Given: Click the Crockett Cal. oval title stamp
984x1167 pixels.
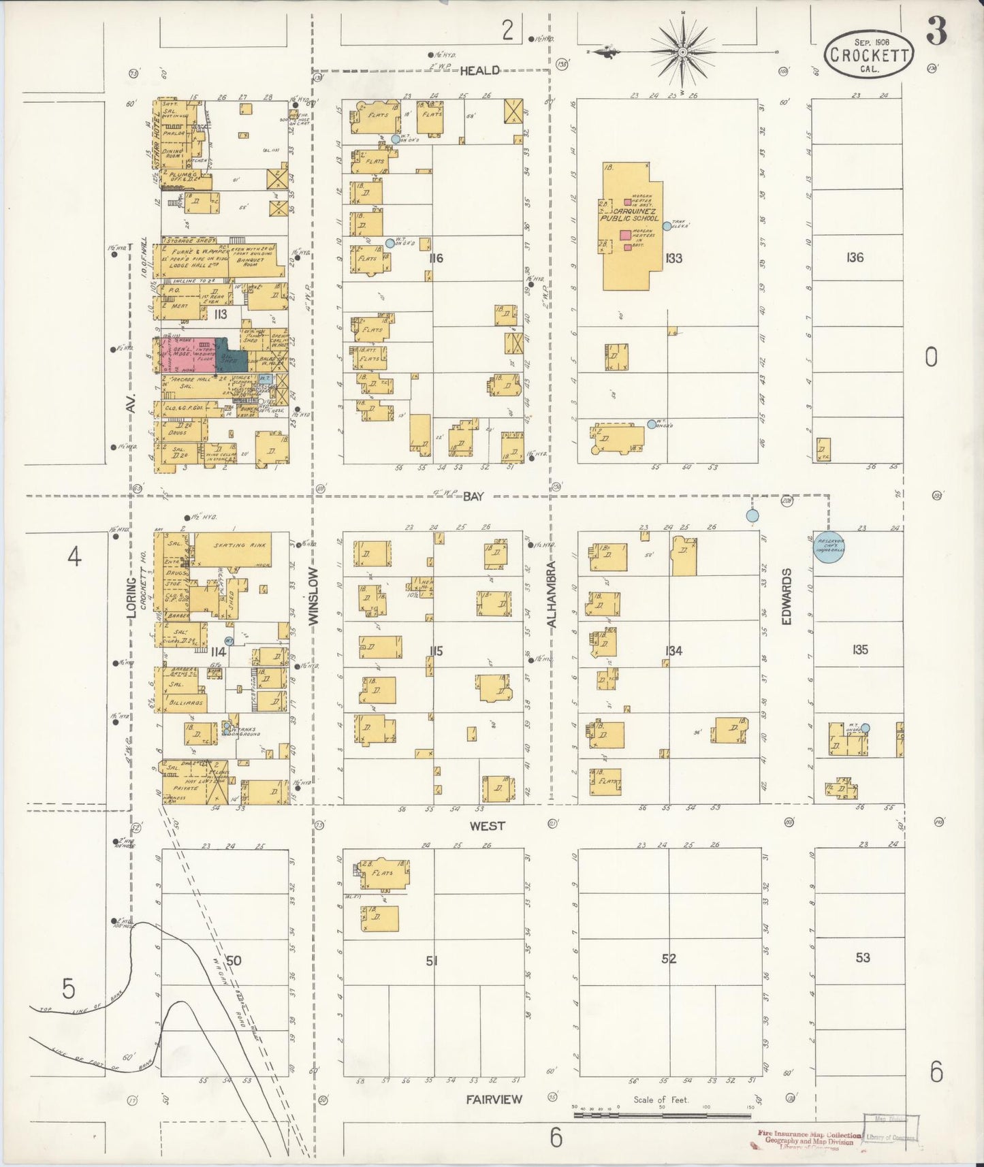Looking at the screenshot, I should (x=870, y=53).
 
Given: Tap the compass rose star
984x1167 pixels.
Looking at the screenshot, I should (x=682, y=52).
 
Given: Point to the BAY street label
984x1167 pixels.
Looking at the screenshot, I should (x=473, y=496).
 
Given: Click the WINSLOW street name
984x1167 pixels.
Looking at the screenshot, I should (x=314, y=596).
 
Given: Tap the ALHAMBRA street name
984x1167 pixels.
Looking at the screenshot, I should (x=552, y=593).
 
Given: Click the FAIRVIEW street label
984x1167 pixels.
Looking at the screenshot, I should (x=494, y=1099).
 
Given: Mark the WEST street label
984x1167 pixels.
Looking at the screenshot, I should (x=488, y=826).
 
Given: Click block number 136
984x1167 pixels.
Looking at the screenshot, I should (x=855, y=257).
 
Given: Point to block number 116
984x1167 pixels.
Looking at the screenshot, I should (x=436, y=258).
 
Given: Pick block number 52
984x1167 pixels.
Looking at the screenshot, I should (x=669, y=959).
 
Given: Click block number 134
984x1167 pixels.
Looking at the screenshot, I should (x=673, y=651).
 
